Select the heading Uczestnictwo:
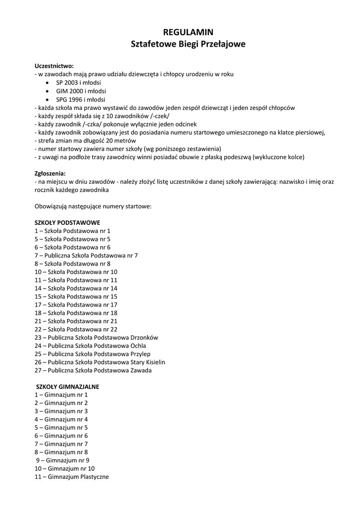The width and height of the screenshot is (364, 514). click(54, 66)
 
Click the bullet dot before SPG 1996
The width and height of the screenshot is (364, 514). click(47, 99)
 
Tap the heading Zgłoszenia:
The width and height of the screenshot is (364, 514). click(50, 173)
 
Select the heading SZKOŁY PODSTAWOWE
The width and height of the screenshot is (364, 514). click(67, 222)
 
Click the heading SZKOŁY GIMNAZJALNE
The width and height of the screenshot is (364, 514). click(68, 387)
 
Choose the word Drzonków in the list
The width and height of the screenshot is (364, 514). click(144, 337)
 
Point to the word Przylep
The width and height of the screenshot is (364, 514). click(142, 354)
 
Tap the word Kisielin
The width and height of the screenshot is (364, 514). click(154, 362)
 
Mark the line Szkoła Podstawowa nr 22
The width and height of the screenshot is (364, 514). click(76, 329)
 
